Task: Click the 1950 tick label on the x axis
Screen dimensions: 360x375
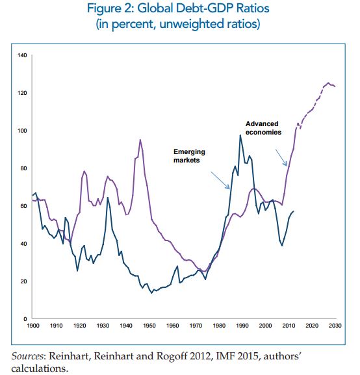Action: click(x=149, y=326)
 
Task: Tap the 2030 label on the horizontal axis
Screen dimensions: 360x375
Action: click(x=335, y=326)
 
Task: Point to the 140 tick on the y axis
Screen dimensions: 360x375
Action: click(x=22, y=55)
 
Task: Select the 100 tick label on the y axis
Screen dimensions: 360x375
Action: click(x=22, y=131)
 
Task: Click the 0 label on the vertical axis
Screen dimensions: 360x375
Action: click(x=25, y=319)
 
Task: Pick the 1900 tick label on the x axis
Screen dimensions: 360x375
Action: click(x=33, y=326)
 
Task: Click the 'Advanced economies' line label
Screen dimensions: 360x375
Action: click(x=263, y=128)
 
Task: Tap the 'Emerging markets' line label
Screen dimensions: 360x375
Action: click(x=189, y=156)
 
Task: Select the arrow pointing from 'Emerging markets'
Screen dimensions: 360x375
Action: click(x=220, y=180)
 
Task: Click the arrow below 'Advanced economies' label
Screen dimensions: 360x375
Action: click(x=281, y=158)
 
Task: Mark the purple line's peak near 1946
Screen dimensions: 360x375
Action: click(x=140, y=140)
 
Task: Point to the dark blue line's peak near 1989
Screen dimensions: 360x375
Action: click(x=240, y=135)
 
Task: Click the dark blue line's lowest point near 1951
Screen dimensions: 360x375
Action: click(x=151, y=293)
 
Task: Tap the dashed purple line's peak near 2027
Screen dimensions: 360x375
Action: click(x=328, y=83)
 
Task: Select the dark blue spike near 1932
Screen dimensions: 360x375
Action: click(x=108, y=198)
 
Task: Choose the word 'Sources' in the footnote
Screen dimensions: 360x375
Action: click(x=27, y=356)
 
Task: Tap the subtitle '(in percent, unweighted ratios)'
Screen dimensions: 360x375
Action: click(x=178, y=24)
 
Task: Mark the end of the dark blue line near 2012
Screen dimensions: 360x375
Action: click(x=294, y=211)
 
